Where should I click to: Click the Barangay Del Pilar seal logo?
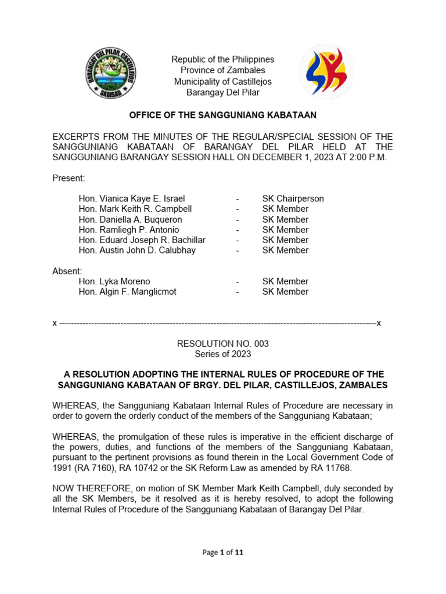coord(110,73)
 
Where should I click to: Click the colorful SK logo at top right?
coord(326,73)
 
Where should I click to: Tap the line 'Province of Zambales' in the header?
coord(222,71)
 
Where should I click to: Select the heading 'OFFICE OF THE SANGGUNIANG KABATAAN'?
coord(222,115)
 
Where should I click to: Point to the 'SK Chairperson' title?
coord(293,198)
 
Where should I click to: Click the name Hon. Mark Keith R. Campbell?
coord(135,209)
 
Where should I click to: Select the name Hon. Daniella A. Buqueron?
coord(130,220)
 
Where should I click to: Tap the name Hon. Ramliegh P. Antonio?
coord(128,230)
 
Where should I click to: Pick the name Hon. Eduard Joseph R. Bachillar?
coord(142,240)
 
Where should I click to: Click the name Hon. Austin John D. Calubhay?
coord(137,251)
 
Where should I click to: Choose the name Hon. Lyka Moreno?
coord(114,281)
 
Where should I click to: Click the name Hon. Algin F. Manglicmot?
coord(127,292)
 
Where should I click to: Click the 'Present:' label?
coord(69,178)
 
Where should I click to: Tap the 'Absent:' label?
coord(67,271)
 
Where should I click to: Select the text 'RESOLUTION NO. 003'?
coord(222,344)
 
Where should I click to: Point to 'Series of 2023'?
coord(222,354)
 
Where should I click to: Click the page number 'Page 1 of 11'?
coord(222,553)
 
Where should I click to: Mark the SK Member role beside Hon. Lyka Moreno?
coord(285,281)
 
